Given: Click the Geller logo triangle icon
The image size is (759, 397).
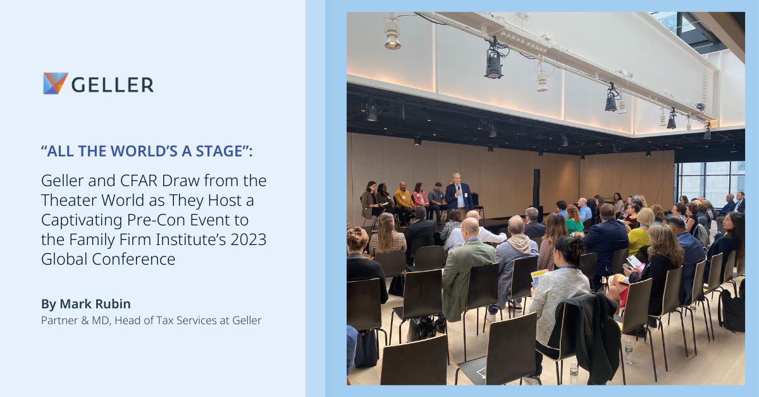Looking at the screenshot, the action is [56, 83].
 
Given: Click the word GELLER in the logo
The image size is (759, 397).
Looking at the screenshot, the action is [113, 85].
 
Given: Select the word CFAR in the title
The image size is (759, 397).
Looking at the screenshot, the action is [139, 180].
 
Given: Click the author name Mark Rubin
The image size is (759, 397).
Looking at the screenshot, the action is [96, 304].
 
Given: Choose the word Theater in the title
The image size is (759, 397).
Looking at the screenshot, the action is [69, 200].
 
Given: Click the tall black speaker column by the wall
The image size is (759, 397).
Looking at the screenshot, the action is [536, 187].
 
